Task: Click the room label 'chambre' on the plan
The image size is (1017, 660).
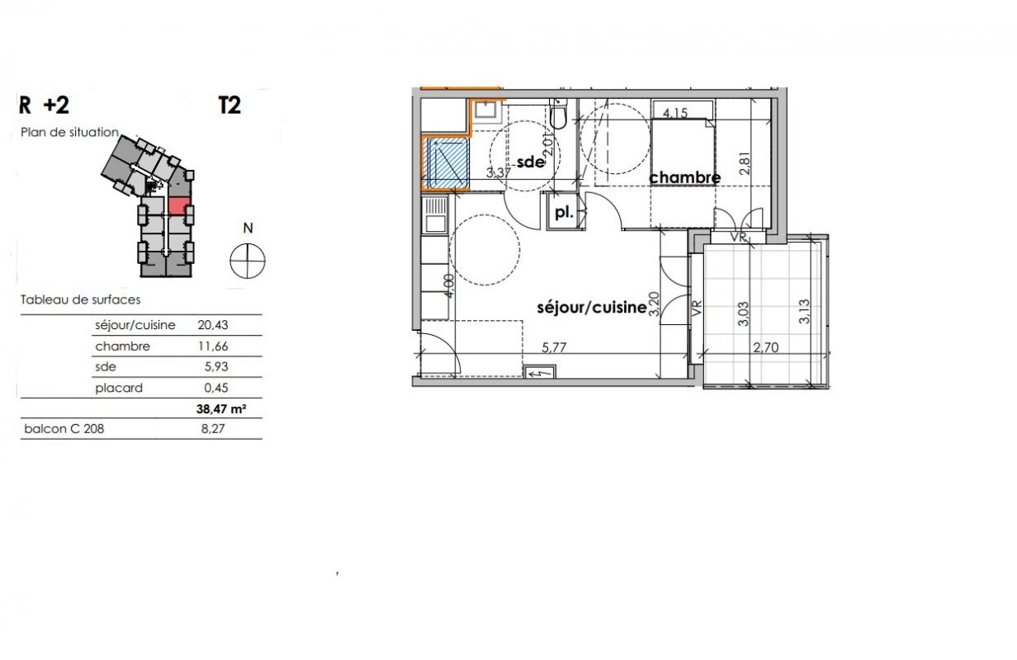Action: tap(684, 177)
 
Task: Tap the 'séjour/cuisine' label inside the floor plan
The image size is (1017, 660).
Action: tap(592, 308)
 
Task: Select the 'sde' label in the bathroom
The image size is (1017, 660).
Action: tap(530, 162)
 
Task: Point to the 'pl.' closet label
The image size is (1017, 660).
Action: tap(564, 212)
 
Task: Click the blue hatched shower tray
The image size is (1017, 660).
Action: tap(446, 163)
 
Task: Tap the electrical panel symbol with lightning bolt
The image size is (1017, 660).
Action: tap(539, 372)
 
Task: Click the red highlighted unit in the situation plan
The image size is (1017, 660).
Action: tap(179, 205)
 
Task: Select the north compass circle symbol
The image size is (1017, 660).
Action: tap(248, 261)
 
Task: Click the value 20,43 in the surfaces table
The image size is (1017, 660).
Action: tap(212, 325)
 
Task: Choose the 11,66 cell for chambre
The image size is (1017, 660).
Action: tap(212, 346)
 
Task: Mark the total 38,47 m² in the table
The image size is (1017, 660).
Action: tap(221, 409)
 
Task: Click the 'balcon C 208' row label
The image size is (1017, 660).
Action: tap(64, 429)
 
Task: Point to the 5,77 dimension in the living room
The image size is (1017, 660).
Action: tap(554, 347)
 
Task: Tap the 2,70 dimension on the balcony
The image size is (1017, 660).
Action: tap(766, 347)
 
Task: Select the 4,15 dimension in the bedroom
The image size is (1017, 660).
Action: tap(675, 112)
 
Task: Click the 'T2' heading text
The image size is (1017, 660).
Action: tap(229, 106)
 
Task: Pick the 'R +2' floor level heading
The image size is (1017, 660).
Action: tap(44, 106)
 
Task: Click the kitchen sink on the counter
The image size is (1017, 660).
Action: tap(435, 215)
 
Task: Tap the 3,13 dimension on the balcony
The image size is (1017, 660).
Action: tap(804, 311)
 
